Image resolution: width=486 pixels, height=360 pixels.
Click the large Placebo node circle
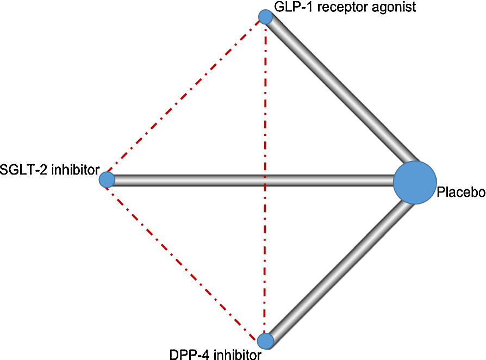[x=415, y=182]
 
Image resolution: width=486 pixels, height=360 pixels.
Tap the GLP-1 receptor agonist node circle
[x=265, y=17]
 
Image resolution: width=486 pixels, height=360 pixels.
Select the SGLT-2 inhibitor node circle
[x=107, y=179]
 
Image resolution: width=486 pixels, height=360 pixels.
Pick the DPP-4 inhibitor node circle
[x=265, y=341]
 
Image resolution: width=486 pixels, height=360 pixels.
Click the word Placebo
[x=460, y=192]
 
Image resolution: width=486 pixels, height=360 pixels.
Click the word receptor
[x=327, y=7]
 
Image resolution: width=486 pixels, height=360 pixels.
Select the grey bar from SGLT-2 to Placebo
[x=326, y=181]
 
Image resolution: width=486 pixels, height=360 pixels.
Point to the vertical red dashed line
[x=265, y=109]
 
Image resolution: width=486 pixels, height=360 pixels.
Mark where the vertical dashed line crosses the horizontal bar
[x=265, y=181]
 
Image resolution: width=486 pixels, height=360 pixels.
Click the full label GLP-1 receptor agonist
[x=338, y=7]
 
